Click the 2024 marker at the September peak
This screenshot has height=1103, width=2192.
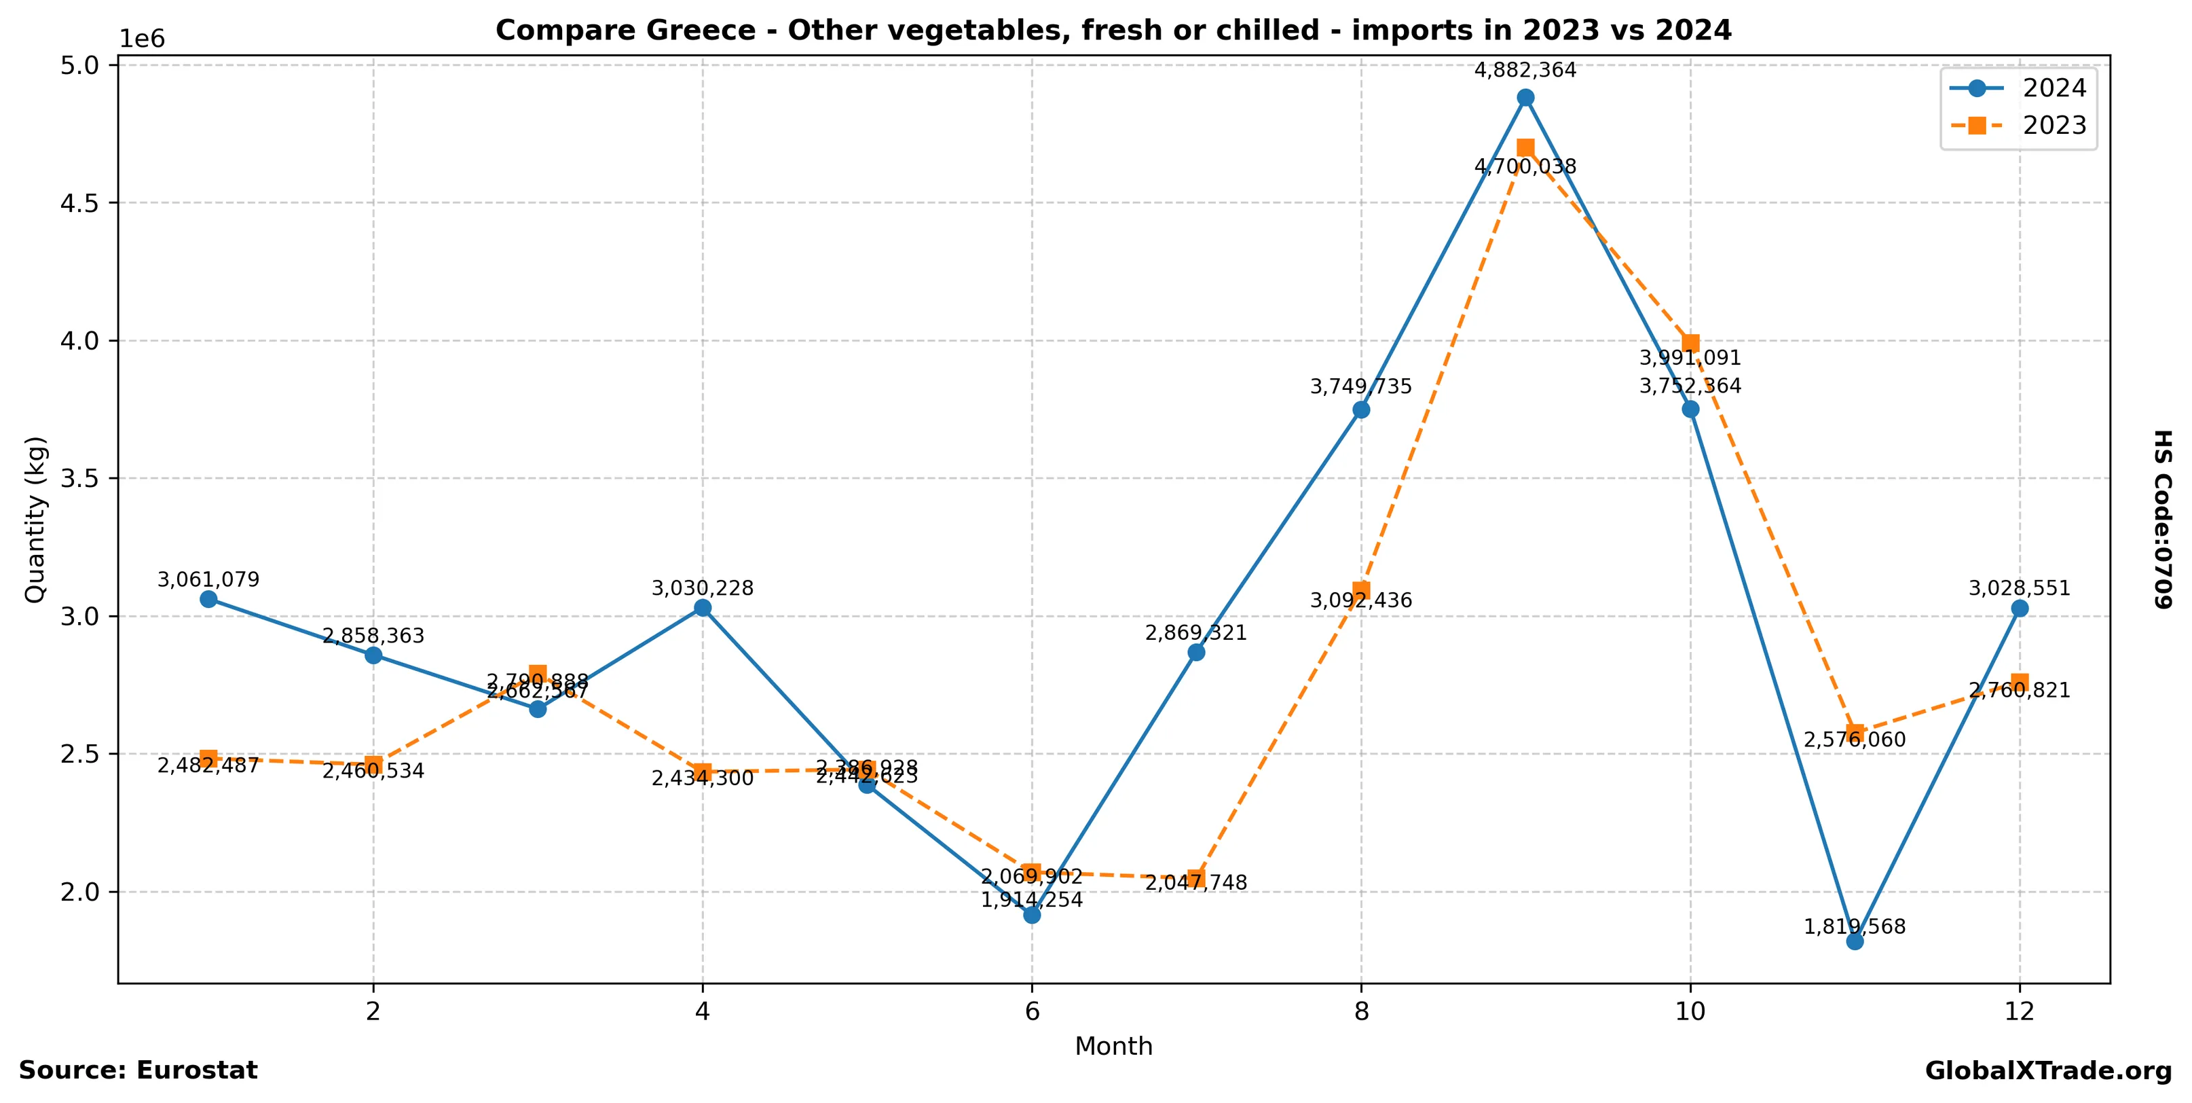tap(1526, 98)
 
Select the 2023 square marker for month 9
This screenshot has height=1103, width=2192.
tap(1526, 148)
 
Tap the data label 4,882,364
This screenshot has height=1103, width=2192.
tap(1526, 71)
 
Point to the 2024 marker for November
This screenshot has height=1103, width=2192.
tap(1855, 941)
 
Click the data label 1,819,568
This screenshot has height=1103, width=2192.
tap(1855, 927)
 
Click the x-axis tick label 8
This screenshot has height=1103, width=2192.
tap(1362, 1012)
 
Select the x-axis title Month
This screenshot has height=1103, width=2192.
tap(1114, 1047)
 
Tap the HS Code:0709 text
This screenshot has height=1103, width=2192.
tap(2162, 519)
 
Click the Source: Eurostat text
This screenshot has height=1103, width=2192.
tap(138, 1070)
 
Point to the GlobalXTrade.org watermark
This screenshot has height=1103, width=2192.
tap(2048, 1072)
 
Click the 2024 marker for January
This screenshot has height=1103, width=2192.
tap(208, 599)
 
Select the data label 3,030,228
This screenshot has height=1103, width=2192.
tap(703, 589)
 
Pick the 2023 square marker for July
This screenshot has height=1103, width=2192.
tap(1196, 878)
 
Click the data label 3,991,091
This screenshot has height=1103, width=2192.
tap(1691, 359)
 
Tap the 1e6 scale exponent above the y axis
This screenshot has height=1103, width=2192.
tap(142, 39)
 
